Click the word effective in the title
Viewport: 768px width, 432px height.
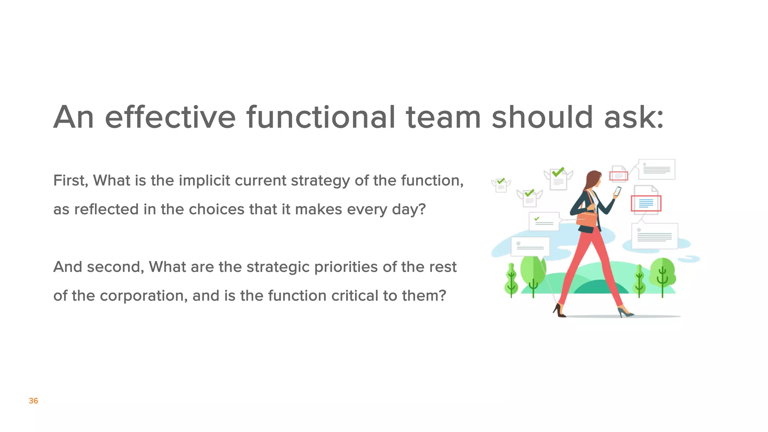[170, 117]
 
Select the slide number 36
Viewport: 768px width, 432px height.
[33, 401]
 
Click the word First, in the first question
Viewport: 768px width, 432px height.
[70, 181]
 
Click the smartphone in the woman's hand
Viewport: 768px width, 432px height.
[617, 191]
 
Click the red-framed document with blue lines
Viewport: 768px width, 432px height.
[646, 204]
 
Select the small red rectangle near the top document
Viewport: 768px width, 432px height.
[618, 175]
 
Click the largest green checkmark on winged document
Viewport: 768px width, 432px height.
[558, 172]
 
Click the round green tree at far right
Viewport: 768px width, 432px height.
[663, 273]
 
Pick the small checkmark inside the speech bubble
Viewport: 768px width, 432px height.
[537, 219]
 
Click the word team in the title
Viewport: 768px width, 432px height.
[443, 117]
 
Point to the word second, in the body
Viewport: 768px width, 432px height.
[115, 267]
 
